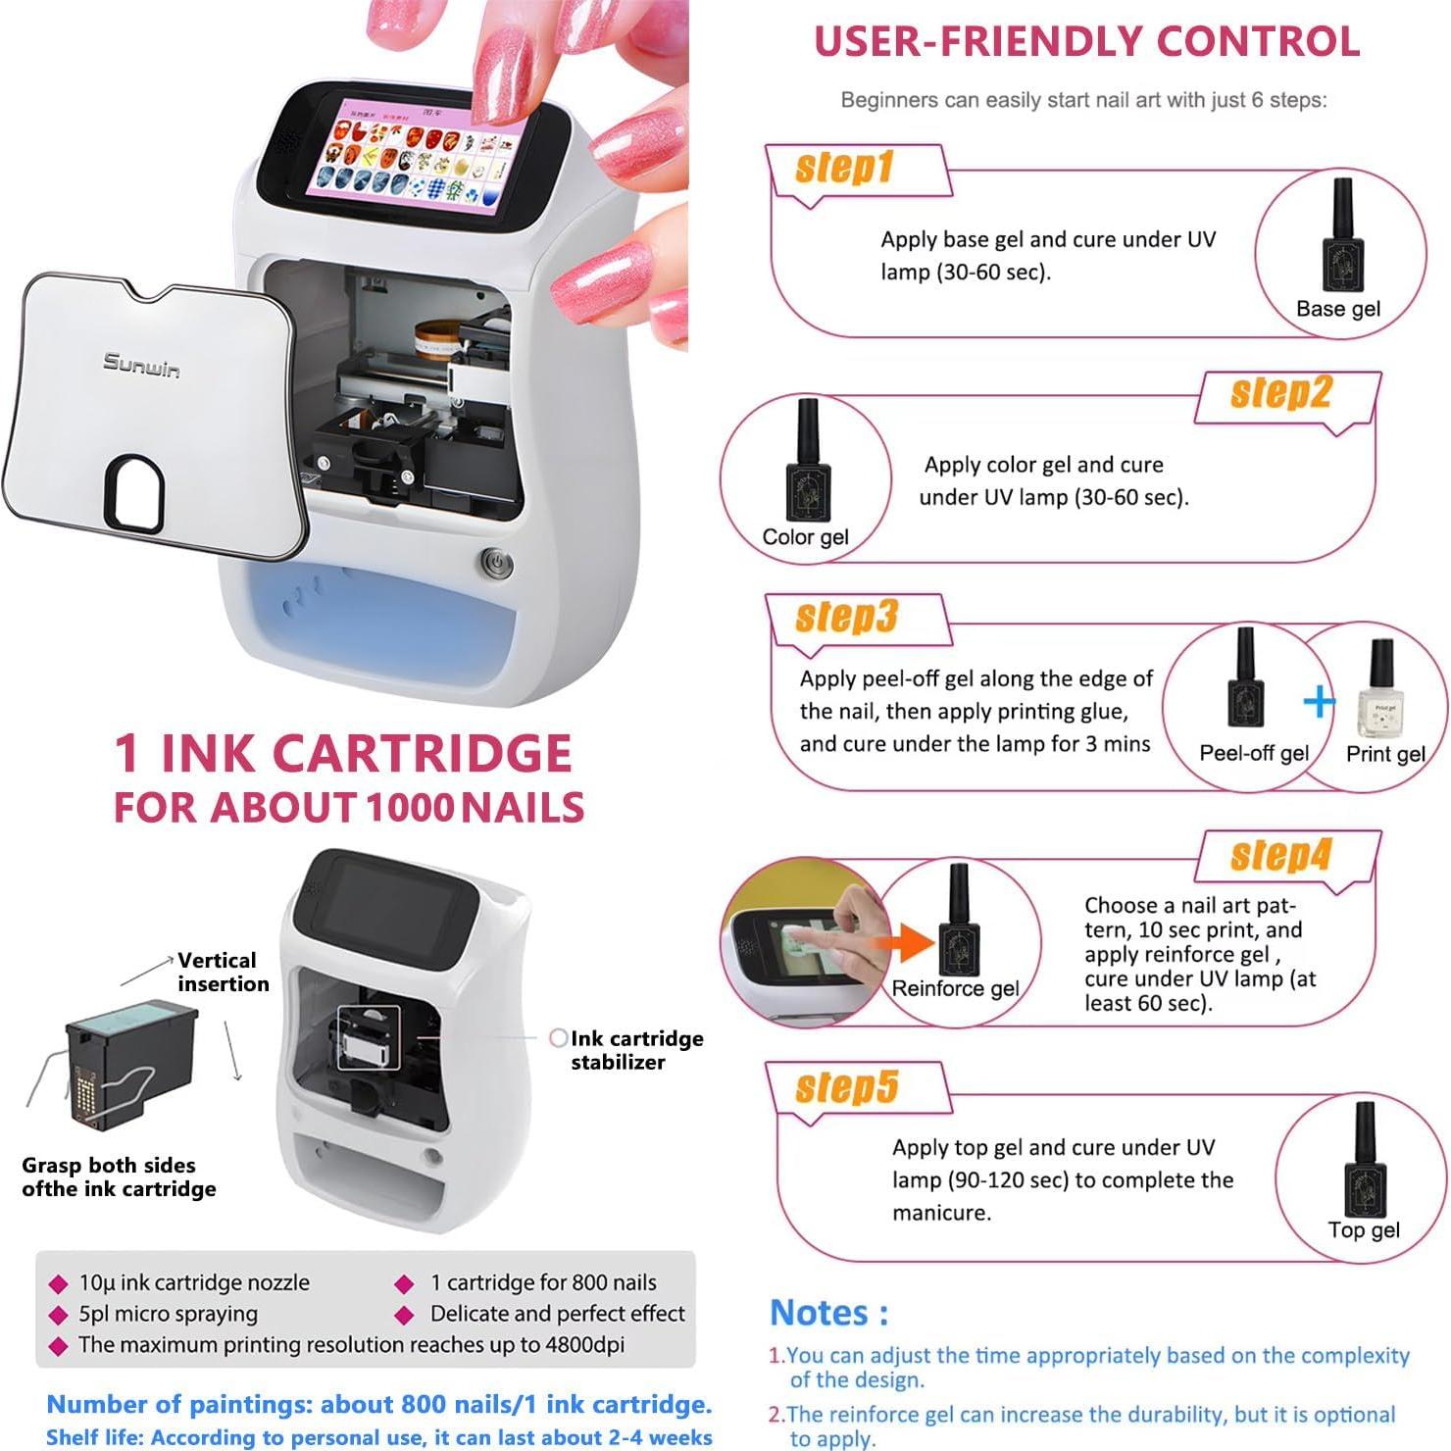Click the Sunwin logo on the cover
point(141,365)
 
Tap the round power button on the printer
point(496,564)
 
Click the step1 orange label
point(843,169)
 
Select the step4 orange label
point(1280,855)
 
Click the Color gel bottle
point(808,459)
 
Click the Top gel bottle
point(1364,1162)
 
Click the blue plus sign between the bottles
point(1319,701)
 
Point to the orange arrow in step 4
point(917,943)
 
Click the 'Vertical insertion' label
point(222,972)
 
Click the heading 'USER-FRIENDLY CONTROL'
point(1086,41)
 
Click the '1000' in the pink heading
point(410,808)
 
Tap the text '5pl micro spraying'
point(168,1314)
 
